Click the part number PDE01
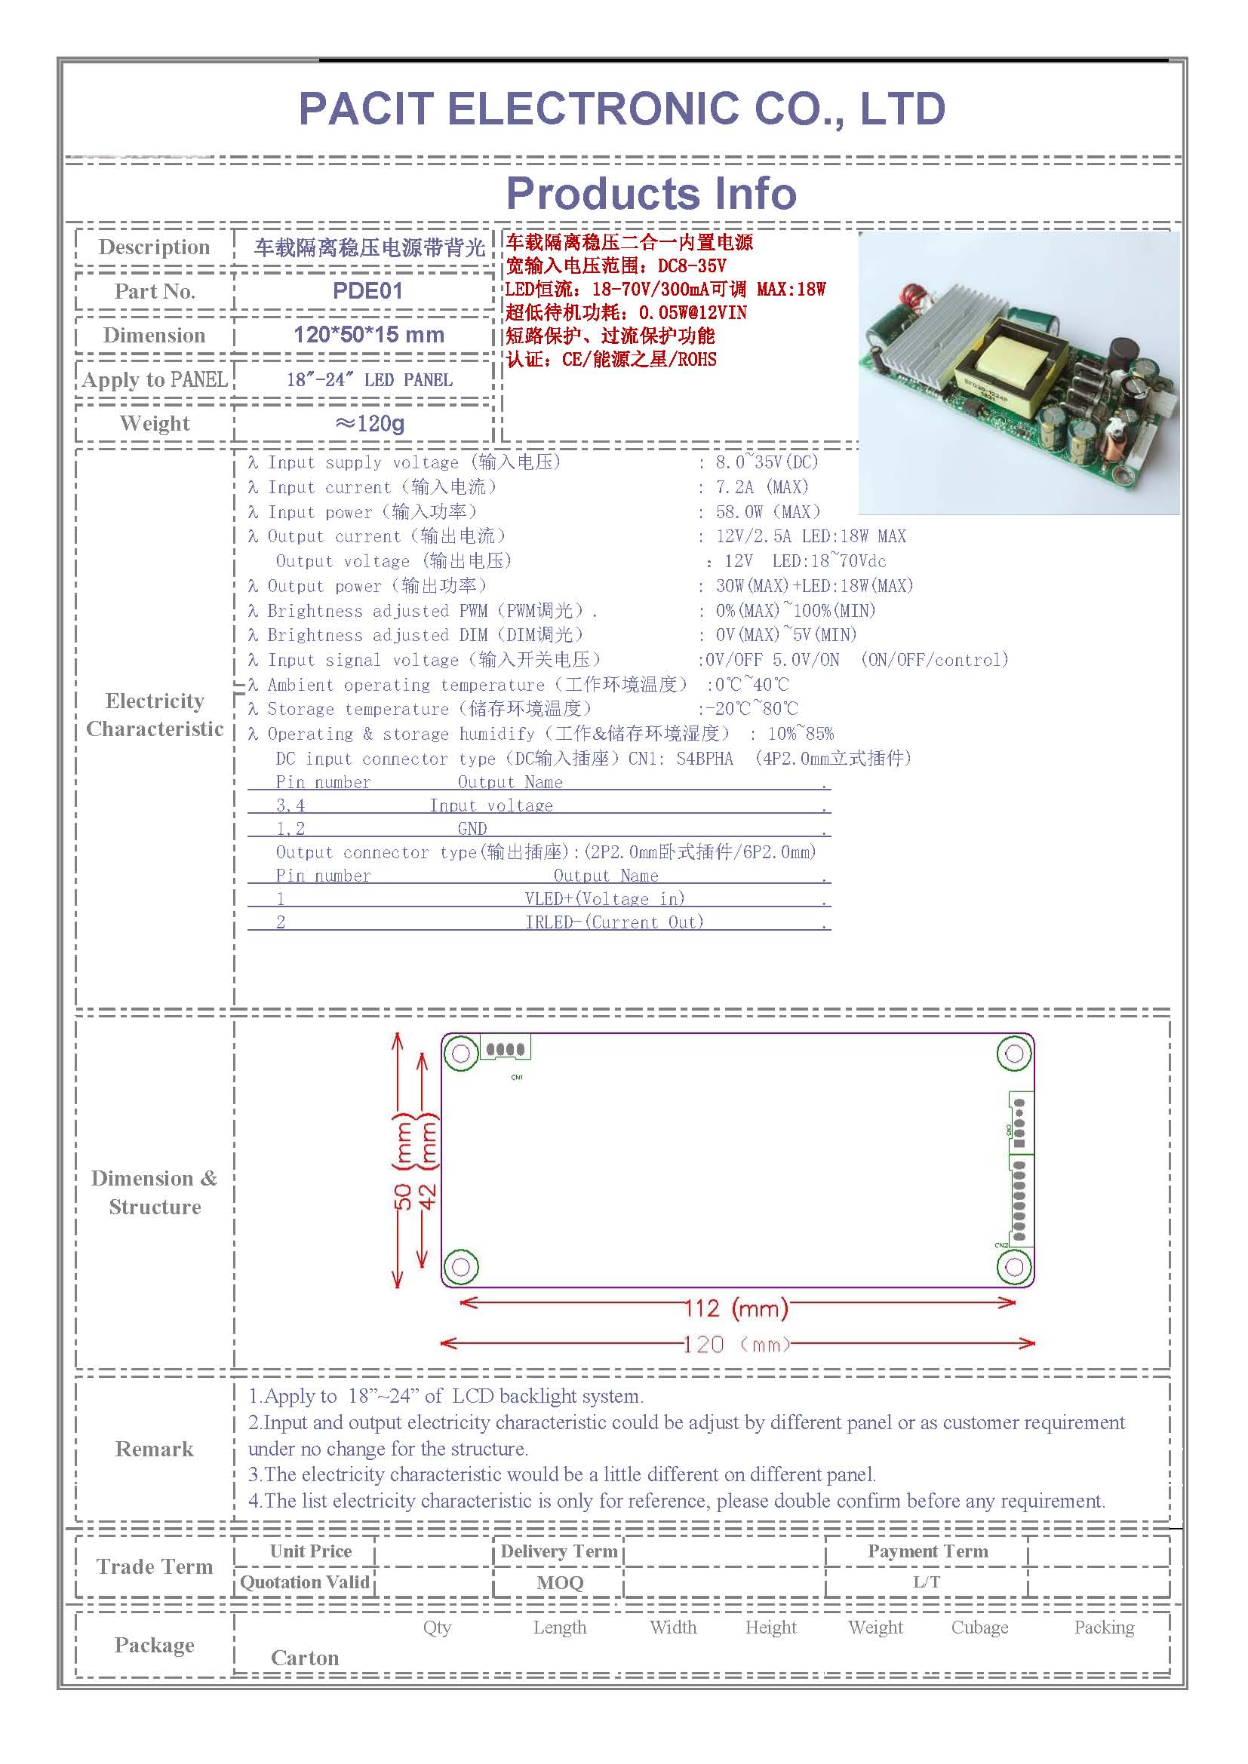[x=367, y=291]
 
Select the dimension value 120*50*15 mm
[x=369, y=335]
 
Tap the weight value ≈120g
[x=370, y=423]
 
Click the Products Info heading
[x=651, y=193]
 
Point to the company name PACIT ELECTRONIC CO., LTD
[x=622, y=109]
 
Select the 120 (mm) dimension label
[x=736, y=1345]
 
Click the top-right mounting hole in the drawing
[x=1014, y=1054]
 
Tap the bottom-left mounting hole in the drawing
[x=461, y=1267]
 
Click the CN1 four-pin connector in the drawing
[x=505, y=1049]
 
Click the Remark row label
[x=155, y=1449]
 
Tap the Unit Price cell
[x=310, y=1551]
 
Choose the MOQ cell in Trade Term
[x=560, y=1583]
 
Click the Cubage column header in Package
[x=980, y=1627]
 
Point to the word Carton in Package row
[x=305, y=1658]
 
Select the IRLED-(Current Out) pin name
[x=614, y=922]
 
